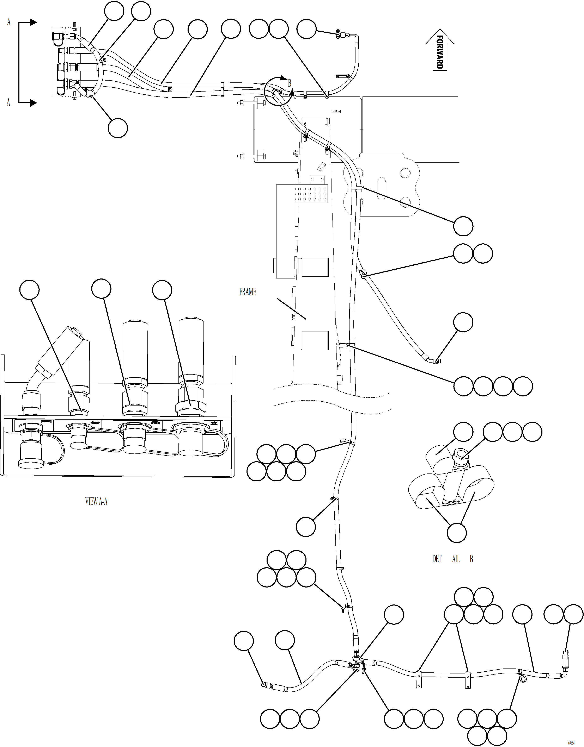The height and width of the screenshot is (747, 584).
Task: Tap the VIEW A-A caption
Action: coord(96,501)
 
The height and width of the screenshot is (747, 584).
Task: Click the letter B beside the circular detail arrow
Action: coord(289,83)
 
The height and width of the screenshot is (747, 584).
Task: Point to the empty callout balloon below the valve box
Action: coord(117,128)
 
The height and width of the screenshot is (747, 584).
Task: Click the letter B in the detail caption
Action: coord(471,559)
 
